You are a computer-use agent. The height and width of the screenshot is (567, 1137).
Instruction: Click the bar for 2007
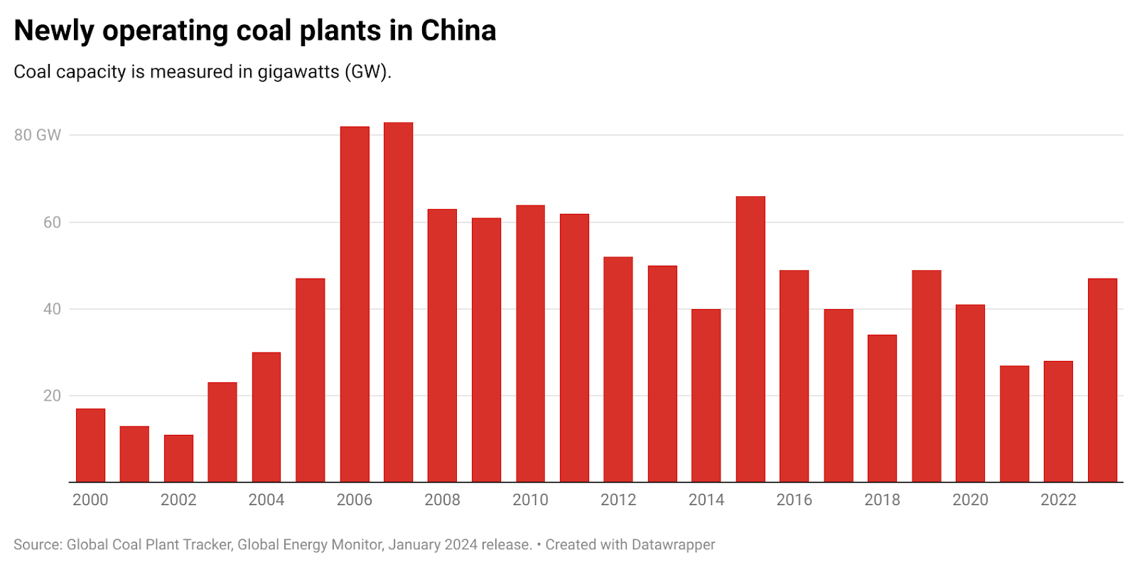pos(398,302)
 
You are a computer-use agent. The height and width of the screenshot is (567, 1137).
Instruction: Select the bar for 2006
pos(355,304)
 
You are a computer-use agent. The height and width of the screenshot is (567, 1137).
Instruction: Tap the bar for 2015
pos(750,339)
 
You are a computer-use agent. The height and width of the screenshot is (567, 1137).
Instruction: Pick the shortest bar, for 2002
pos(178,458)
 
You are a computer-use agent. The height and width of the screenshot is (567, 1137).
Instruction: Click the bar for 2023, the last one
pos(1102,380)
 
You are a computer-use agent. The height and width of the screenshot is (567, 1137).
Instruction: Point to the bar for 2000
pos(90,445)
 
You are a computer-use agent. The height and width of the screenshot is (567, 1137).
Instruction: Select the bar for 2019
pos(927,376)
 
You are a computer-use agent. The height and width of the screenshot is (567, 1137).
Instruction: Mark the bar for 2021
pos(1014,423)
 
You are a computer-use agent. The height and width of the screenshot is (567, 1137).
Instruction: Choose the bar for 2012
pos(618,369)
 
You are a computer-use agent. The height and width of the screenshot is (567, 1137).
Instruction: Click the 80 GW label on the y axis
pos(38,135)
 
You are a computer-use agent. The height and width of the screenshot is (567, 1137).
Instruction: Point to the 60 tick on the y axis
pos(52,222)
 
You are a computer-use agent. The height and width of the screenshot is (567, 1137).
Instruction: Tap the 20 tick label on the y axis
pos(52,396)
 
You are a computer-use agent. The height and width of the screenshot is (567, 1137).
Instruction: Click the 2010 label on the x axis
pos(530,500)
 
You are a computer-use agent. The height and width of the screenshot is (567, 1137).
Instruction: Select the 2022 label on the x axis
pos(1058,500)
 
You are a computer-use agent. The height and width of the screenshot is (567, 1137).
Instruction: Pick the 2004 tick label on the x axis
pos(266,500)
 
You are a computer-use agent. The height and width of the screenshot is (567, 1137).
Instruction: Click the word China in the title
pos(458,31)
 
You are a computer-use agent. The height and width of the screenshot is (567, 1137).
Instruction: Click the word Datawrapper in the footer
pos(673,545)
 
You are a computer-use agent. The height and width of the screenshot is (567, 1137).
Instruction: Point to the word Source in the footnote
pos(36,545)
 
